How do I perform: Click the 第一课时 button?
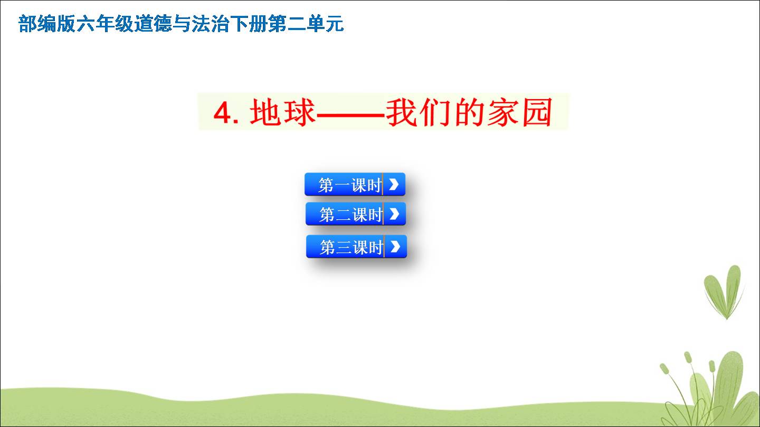point(355,185)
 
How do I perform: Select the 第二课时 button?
point(356,214)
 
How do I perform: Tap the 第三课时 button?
point(356,246)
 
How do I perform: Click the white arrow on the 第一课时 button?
point(394,185)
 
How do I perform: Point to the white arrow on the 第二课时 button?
point(394,214)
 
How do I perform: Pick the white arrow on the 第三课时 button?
point(395,246)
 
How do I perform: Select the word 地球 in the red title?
point(283,112)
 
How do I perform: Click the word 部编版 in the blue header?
point(46,24)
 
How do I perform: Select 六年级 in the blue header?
point(105,24)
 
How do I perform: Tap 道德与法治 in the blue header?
point(182,24)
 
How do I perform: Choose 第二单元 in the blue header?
point(306,24)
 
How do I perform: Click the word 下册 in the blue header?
point(249,24)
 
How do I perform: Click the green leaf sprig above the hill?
point(724,292)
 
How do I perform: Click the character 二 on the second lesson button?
point(344,215)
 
